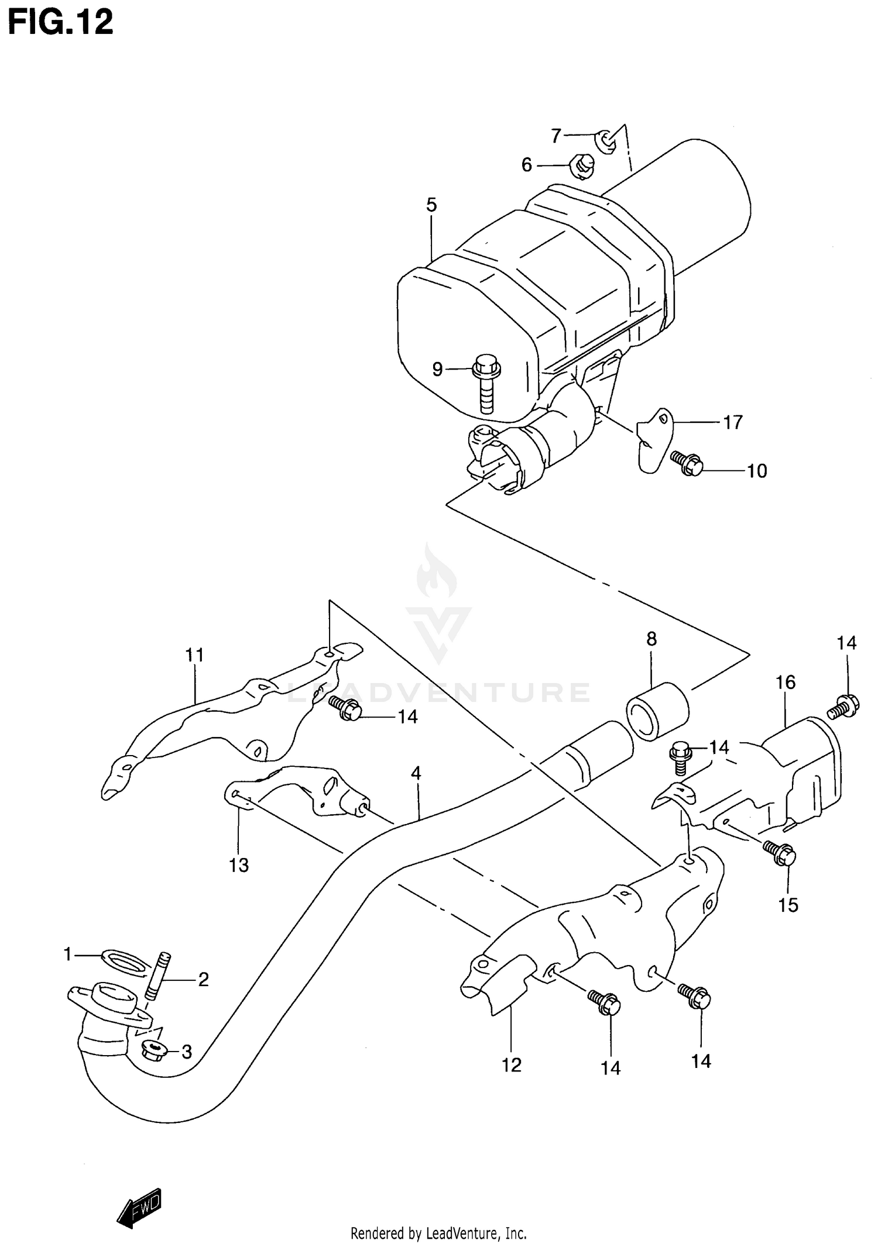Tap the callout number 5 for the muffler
point(431,205)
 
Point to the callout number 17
point(732,422)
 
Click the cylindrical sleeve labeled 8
point(657,711)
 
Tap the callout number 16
point(786,682)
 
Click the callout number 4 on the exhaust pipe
point(416,773)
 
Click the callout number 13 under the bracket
point(239,864)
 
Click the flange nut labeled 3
point(153,1051)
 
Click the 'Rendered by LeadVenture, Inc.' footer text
point(438,1233)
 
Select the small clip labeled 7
point(606,141)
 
